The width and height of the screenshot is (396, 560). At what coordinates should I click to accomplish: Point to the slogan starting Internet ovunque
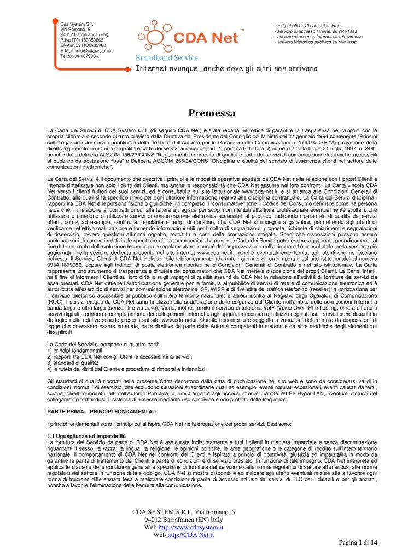[x=226, y=68]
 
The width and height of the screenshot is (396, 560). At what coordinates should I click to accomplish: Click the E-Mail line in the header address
[x=86, y=51]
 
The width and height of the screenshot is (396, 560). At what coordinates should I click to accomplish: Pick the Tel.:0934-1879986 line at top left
[x=79, y=56]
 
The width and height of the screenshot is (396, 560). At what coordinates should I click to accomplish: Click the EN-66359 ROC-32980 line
[x=83, y=45]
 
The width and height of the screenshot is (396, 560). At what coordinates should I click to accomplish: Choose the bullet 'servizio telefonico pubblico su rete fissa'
[x=316, y=42]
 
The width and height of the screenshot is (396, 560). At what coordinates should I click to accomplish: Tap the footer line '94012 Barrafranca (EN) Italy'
[x=184, y=519]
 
